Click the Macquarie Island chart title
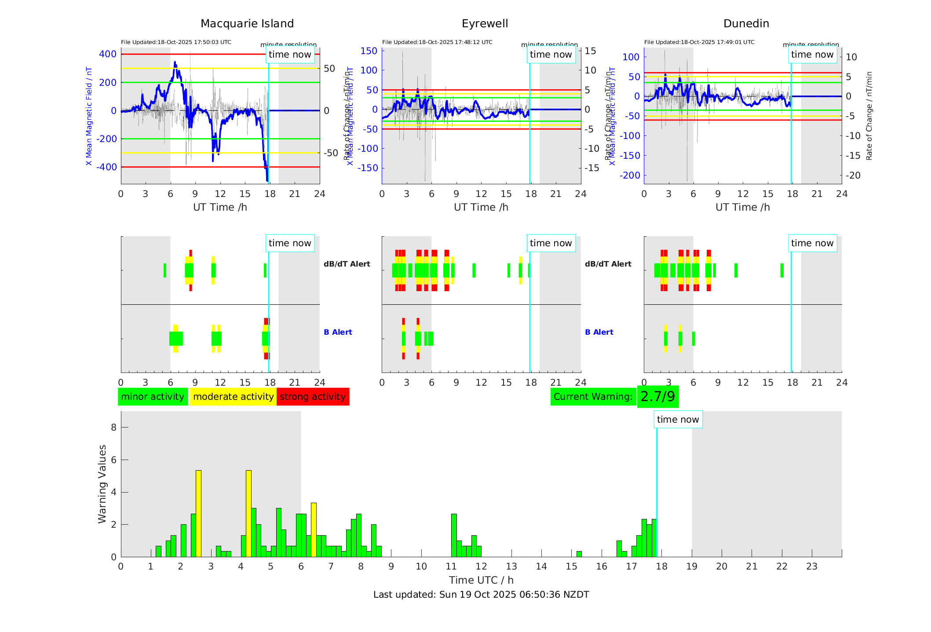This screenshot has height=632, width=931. [247, 24]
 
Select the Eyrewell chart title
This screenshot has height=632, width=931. [485, 24]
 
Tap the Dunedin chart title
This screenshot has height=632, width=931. [746, 24]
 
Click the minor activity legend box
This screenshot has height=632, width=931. [153, 397]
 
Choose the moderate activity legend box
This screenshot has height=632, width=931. [233, 397]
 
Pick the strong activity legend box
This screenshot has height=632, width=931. [313, 397]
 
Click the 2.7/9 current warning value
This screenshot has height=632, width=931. [657, 397]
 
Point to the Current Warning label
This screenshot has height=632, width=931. [593, 397]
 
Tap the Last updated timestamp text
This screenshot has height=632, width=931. [481, 595]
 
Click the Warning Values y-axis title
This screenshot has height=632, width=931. [102, 484]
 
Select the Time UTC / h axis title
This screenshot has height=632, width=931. [481, 580]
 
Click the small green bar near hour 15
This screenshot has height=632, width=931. [579, 554]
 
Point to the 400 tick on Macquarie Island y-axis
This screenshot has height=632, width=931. [108, 54]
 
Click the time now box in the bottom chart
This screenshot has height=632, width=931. [678, 420]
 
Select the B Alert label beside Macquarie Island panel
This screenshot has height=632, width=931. [338, 332]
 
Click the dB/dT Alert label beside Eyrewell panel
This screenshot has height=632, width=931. [608, 264]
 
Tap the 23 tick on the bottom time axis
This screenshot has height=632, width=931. [811, 566]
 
